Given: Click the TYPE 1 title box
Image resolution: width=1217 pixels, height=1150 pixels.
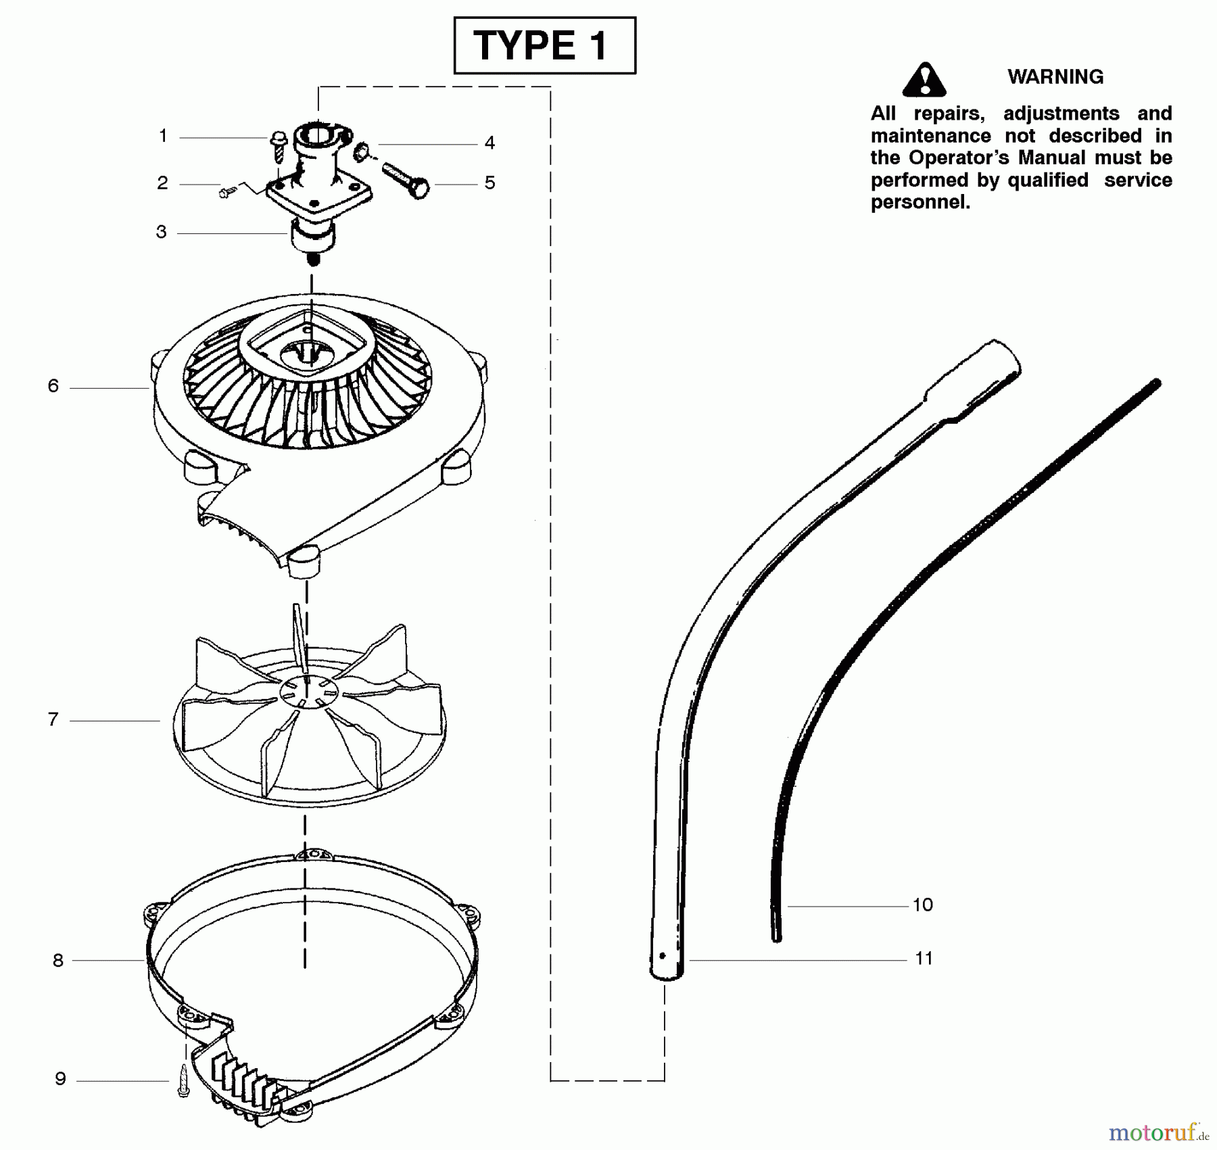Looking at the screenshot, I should pyautogui.click(x=544, y=46).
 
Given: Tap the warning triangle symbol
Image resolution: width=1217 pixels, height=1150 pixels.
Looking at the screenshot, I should pyautogui.click(x=924, y=80).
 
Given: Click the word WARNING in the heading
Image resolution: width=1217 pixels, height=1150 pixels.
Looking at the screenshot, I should pyautogui.click(x=1055, y=77).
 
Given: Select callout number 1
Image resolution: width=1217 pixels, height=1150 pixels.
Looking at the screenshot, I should pyautogui.click(x=163, y=136).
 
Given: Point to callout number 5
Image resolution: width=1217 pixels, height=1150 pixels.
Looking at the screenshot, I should pyautogui.click(x=490, y=183).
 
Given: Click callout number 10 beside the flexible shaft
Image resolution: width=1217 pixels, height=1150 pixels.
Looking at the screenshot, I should pyautogui.click(x=922, y=905).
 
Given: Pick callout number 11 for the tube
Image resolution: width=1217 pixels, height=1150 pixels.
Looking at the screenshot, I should pyautogui.click(x=924, y=958).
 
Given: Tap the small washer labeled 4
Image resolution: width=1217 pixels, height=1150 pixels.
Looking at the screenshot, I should pyautogui.click(x=362, y=149).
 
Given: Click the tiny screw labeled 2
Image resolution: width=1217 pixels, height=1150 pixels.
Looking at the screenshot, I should pyautogui.click(x=226, y=193).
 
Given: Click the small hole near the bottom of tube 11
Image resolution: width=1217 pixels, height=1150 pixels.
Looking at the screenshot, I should pyautogui.click(x=663, y=955).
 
